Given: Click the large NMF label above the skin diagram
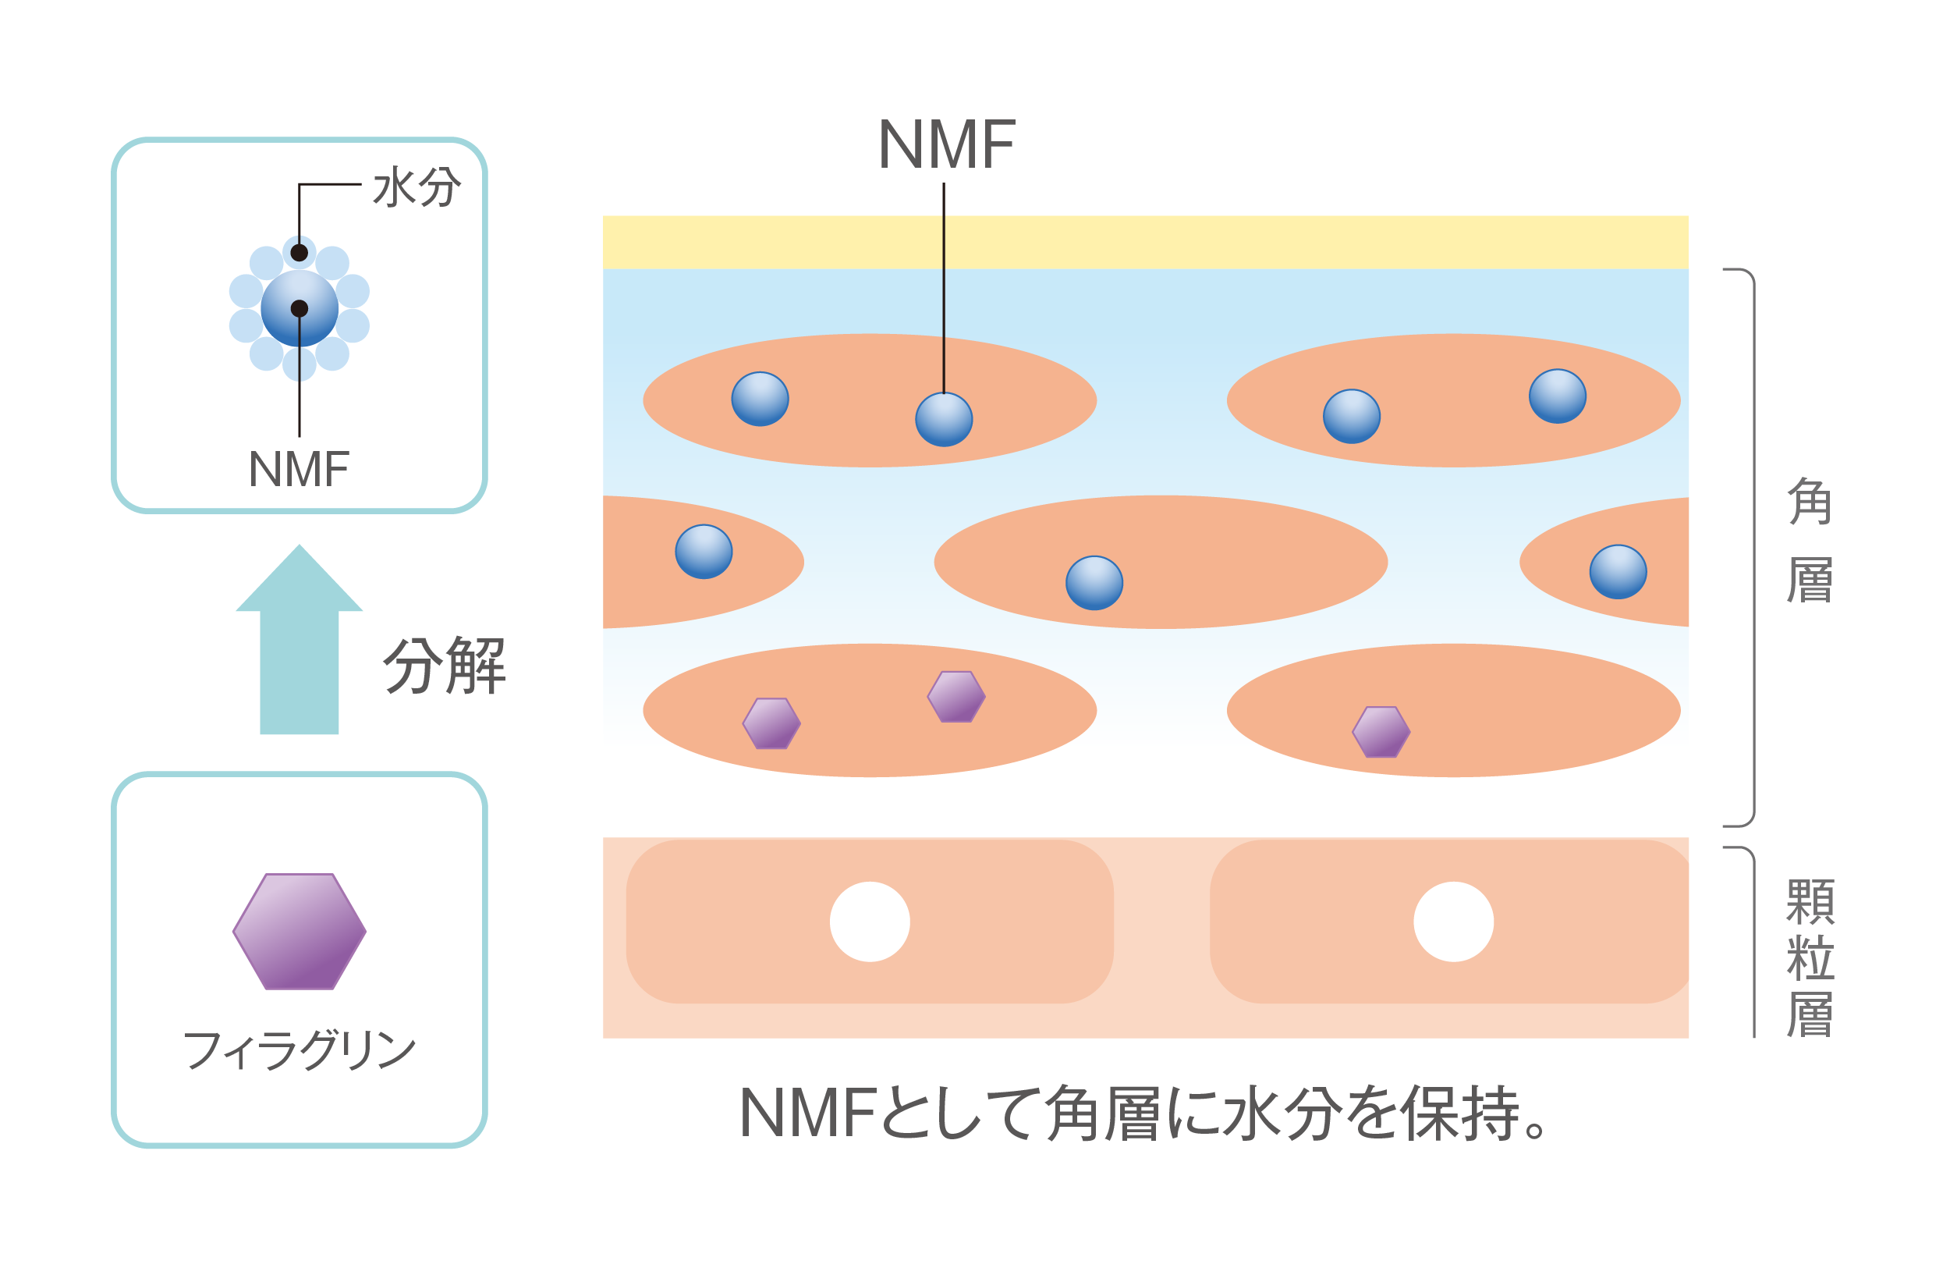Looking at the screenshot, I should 946,145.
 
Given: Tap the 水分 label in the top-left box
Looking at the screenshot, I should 417,186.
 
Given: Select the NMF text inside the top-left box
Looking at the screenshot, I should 298,470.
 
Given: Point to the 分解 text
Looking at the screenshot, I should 445,665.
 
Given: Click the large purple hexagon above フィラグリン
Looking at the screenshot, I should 299,931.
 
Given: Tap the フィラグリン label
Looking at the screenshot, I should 299,1051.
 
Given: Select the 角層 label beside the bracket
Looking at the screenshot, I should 1810,541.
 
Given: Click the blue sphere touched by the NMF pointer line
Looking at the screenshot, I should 944,420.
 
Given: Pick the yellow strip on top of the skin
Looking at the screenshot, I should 1145,242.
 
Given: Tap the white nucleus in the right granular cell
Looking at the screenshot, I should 1453,922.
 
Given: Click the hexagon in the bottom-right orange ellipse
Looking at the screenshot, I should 1381,731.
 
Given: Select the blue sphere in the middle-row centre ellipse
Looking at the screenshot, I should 1094,583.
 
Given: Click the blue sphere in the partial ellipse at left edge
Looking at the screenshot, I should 704,552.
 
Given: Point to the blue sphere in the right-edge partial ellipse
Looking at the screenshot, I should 1618,571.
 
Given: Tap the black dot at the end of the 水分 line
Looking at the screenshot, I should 299,253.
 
